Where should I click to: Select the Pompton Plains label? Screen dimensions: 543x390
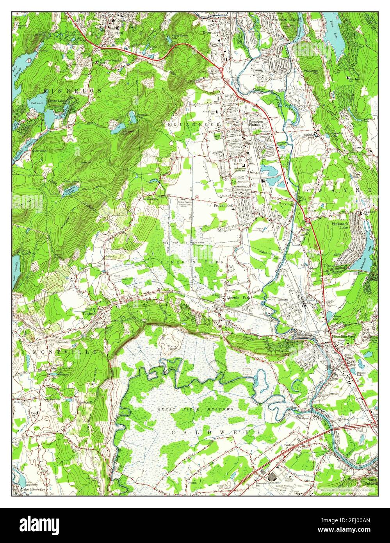256,123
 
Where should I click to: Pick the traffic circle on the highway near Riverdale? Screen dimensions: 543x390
221,70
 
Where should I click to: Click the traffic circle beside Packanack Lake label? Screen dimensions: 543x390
308,221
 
